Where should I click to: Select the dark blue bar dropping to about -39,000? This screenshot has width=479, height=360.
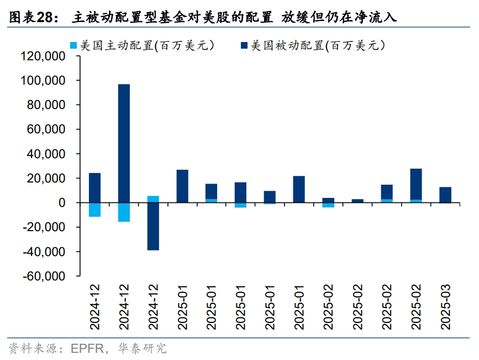[x=153, y=226]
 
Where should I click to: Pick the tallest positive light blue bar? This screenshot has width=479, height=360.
[x=153, y=199]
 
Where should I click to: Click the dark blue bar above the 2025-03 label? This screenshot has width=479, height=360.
[x=445, y=195]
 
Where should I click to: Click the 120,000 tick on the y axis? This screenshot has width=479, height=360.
[x=43, y=56]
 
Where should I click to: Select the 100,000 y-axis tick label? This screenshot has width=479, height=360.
[x=43, y=81]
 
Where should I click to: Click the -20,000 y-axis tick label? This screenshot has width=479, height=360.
[x=44, y=227]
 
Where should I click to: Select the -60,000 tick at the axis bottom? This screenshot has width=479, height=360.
[x=44, y=276]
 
